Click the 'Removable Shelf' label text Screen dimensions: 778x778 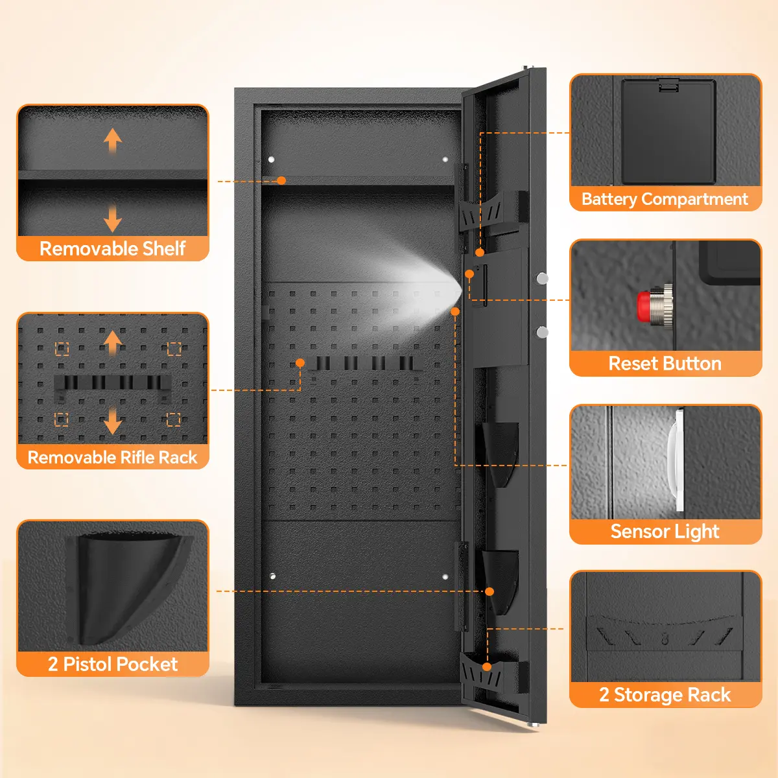point(113,248)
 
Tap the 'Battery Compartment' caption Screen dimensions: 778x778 point(665,199)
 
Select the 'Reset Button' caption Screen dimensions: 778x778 point(665,364)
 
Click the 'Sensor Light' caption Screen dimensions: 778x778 point(665,532)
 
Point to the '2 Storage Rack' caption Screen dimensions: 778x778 point(665,695)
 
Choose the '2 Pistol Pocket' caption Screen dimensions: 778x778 point(113,664)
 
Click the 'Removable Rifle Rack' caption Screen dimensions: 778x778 point(113,458)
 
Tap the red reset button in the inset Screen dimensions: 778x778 point(644,306)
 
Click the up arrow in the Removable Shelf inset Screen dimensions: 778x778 point(113,139)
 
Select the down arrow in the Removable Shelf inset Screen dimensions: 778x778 point(113,219)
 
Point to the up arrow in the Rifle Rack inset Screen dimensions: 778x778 point(113,342)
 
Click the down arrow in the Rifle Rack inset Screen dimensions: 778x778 point(113,421)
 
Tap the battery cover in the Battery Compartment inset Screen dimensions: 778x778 point(668,132)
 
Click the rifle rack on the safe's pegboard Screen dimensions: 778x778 point(363,363)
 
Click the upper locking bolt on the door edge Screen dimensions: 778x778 point(542,278)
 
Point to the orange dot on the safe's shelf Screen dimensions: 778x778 point(281,181)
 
